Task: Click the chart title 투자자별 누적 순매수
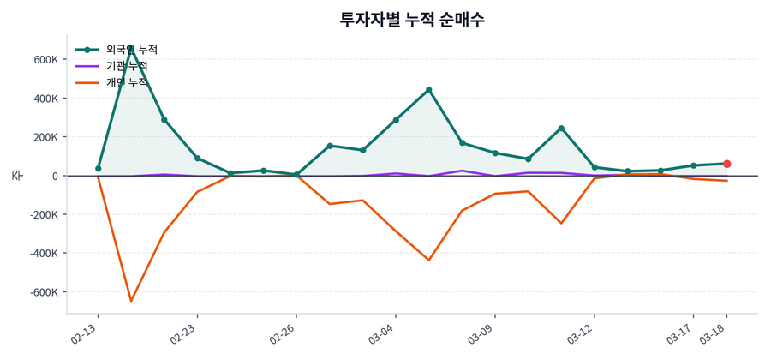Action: [x=412, y=20]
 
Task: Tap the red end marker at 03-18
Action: [x=726, y=164]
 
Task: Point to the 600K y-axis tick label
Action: [x=44, y=59]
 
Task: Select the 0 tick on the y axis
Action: [x=54, y=176]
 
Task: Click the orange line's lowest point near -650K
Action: [x=131, y=301]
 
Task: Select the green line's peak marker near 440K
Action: [x=428, y=90]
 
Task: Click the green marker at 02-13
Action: [x=98, y=169]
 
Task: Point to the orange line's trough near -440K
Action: [x=428, y=260]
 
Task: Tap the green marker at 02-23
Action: [x=197, y=159]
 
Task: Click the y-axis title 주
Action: [x=16, y=176]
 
